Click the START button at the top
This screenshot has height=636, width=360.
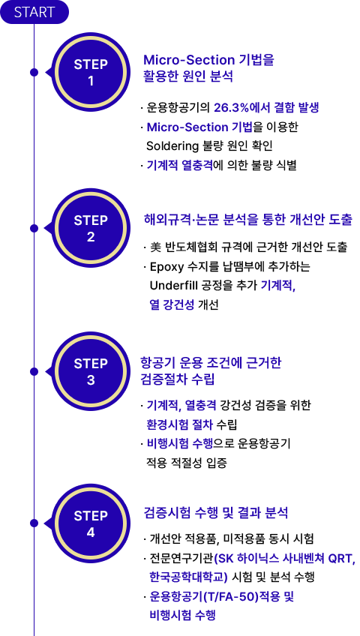[x=34, y=12]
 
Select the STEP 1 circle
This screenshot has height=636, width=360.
[x=91, y=72]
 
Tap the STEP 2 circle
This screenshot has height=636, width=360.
[x=91, y=228]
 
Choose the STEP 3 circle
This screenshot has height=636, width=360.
[x=91, y=371]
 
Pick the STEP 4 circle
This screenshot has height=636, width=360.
[x=91, y=523]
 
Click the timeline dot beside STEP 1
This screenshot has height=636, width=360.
[x=34, y=72]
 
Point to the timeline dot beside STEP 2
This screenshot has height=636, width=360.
[x=34, y=228]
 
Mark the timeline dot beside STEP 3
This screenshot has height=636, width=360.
[x=34, y=371]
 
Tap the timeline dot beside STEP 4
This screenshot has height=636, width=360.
[x=34, y=523]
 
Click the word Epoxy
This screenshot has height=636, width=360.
[x=162, y=268]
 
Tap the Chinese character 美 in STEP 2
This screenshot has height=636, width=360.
[x=154, y=247]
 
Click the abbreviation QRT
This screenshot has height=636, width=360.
[x=343, y=559]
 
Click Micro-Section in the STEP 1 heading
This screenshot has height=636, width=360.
[x=189, y=60]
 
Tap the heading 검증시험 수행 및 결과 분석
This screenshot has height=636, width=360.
[x=216, y=513]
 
